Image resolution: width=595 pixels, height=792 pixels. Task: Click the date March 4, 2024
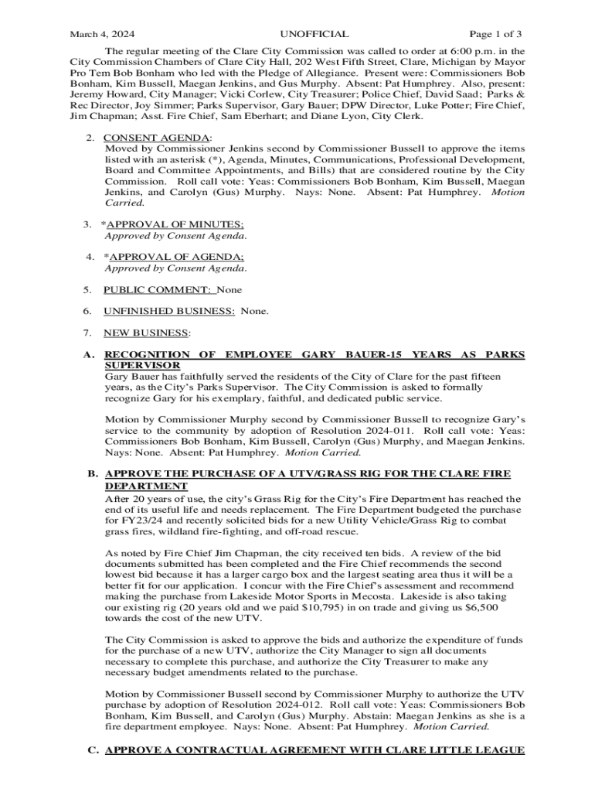tap(102, 34)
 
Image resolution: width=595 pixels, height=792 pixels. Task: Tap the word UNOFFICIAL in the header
tap(314, 34)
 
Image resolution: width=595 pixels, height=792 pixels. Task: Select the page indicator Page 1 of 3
tap(496, 34)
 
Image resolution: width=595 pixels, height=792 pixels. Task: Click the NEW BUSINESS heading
tap(146, 333)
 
